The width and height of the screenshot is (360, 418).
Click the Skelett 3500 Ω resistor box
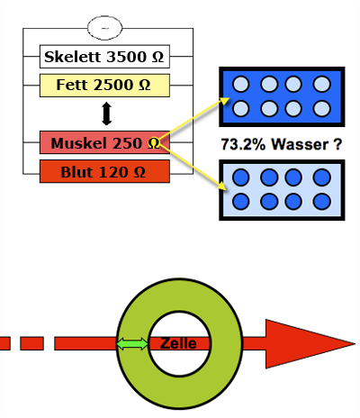(104, 57)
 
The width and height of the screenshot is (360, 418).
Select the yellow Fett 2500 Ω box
(104, 86)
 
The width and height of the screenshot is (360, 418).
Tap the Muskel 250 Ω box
(104, 142)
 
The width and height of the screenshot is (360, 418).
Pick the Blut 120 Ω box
(104, 171)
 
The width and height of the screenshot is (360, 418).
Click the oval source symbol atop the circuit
(105, 28)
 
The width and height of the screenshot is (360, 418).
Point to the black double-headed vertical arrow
(107, 114)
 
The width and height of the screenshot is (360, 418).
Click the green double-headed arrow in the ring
(132, 344)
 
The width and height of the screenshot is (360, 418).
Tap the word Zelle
(178, 343)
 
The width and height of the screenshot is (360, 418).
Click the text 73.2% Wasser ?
(282, 144)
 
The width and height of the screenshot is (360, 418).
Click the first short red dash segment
(5, 343)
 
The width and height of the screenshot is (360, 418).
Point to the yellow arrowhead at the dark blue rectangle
(225, 101)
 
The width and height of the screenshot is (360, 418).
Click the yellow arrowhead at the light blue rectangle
(222, 186)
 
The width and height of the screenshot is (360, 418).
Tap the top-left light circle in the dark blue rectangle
(240, 84)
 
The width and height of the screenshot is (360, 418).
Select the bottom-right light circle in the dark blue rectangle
(322, 108)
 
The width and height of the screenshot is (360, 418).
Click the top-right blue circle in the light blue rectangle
(322, 177)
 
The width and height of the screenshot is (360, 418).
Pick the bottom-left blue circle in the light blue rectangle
(240, 201)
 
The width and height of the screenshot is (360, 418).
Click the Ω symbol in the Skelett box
(157, 57)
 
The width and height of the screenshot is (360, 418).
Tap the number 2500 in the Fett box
(113, 85)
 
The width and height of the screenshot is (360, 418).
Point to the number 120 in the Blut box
(114, 172)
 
